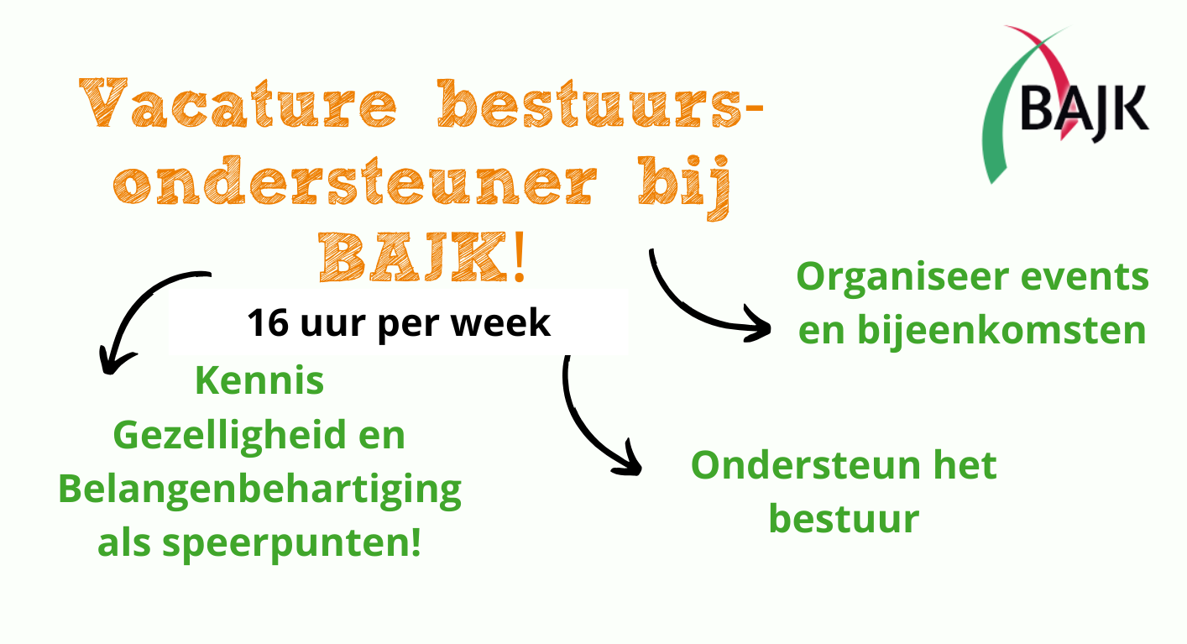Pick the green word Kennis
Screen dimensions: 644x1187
click(x=259, y=381)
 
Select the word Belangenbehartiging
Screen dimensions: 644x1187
click(x=260, y=490)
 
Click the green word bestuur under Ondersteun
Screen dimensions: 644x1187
click(x=844, y=518)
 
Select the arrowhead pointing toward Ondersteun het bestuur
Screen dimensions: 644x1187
click(x=630, y=462)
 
